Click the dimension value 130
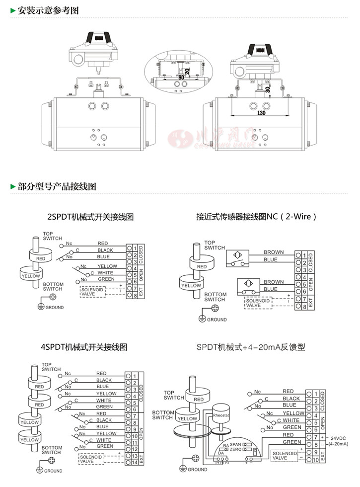pyautogui.click(x=261, y=113)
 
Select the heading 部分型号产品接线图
pyautogui.click(x=56, y=187)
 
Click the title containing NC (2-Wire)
pyautogui.click(x=256, y=217)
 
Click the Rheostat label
pyautogui.click(x=220, y=414)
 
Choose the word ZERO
pyautogui.click(x=235, y=449)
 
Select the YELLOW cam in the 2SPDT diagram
pyautogui.click(x=31, y=275)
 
